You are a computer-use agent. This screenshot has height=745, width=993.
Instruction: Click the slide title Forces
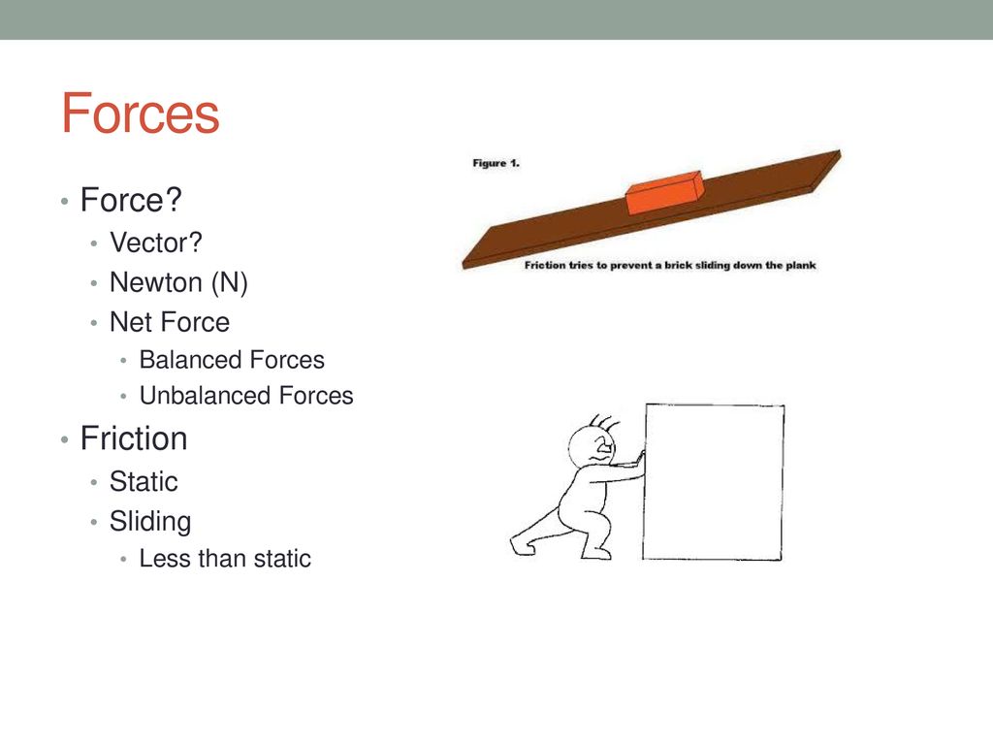click(140, 113)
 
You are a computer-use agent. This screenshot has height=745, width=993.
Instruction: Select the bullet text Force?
click(131, 200)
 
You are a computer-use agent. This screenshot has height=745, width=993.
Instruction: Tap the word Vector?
click(156, 243)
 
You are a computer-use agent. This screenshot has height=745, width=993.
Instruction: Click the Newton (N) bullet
click(178, 282)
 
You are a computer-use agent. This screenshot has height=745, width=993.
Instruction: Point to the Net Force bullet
click(170, 321)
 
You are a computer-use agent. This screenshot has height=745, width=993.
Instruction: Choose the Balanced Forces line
click(232, 360)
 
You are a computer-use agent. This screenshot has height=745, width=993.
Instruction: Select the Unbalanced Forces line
click(246, 396)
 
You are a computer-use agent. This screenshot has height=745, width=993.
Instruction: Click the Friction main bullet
click(134, 438)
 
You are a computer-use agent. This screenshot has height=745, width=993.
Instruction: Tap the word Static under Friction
click(144, 481)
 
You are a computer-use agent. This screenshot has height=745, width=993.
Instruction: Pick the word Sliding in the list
click(150, 521)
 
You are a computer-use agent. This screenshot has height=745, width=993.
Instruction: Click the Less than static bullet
click(225, 559)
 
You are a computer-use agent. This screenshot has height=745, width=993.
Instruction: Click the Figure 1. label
click(496, 163)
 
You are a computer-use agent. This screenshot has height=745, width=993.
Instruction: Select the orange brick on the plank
click(664, 193)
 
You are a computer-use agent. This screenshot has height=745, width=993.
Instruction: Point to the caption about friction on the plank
click(670, 265)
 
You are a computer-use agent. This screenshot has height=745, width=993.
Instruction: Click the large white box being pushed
click(713, 482)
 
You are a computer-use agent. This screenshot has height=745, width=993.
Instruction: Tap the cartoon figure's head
click(593, 448)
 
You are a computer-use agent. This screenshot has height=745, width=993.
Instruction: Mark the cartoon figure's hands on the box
click(636, 464)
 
